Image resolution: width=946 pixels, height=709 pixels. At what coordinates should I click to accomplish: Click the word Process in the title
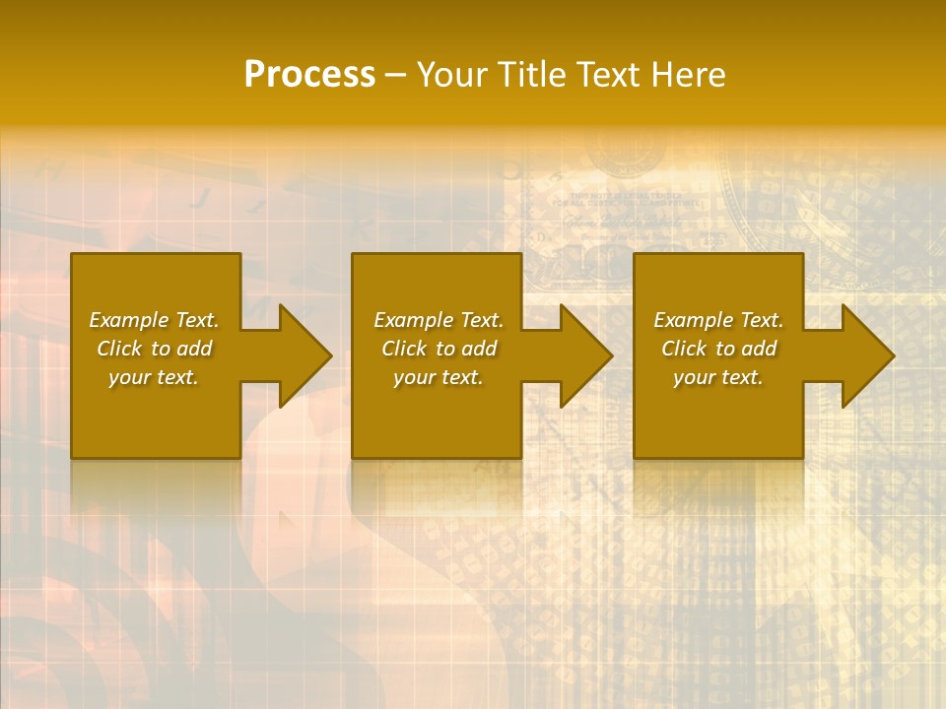coord(309,75)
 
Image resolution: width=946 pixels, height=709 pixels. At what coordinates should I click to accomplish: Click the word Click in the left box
coord(118,349)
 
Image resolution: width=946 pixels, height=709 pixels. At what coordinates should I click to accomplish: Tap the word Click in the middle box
coord(403,349)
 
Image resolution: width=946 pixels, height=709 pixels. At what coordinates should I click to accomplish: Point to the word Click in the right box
coord(683,349)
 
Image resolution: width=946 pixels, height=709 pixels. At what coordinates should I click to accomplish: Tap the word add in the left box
coord(195,349)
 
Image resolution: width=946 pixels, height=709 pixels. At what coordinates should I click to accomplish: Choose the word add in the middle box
coord(480,349)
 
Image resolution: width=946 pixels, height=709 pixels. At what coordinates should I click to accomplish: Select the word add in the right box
coord(760,349)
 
